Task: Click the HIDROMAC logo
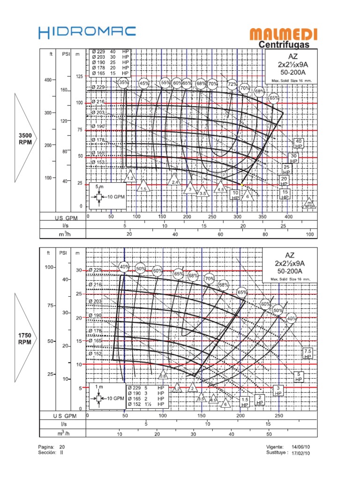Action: coord(87,32)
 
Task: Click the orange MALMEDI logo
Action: coord(284,34)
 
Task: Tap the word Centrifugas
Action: coord(284,45)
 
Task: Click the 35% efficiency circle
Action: coord(124,83)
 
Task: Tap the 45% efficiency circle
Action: coord(144,83)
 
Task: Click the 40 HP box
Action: coord(299,143)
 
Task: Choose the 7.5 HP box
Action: coord(308,353)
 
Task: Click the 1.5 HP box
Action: coord(245,402)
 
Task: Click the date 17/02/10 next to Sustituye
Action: coord(300,453)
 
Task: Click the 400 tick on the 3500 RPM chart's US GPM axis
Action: coord(288,217)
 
